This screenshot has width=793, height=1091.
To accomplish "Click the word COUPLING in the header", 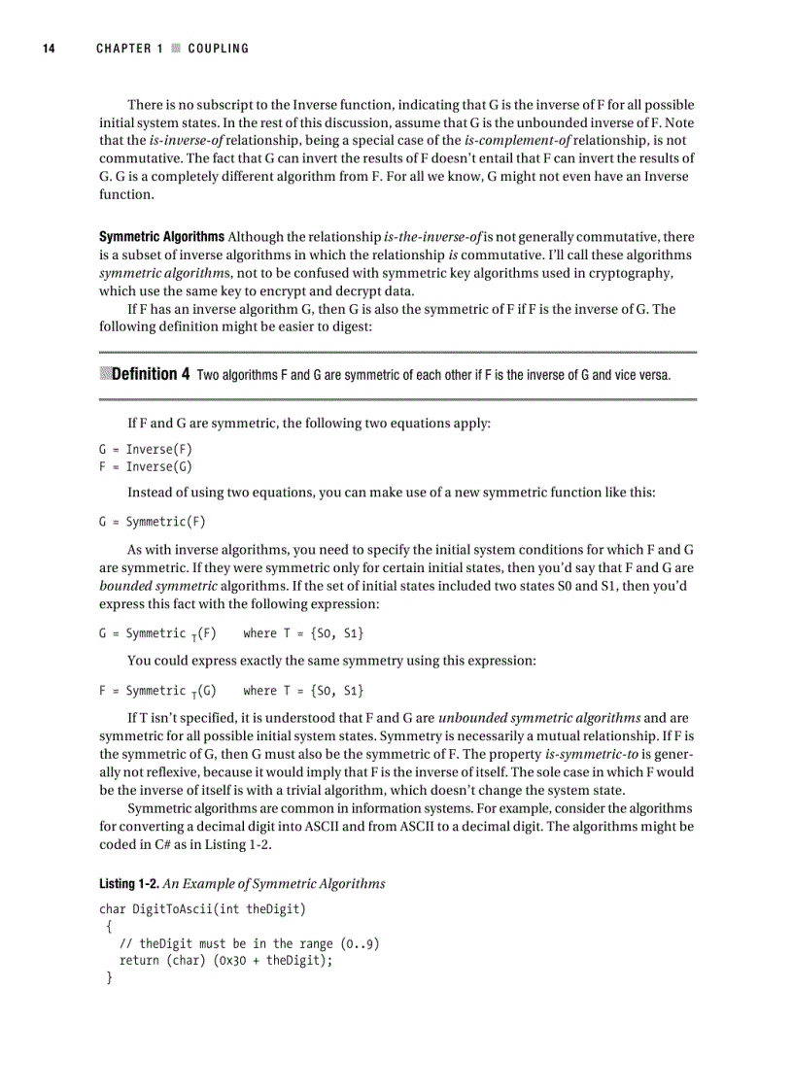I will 218,49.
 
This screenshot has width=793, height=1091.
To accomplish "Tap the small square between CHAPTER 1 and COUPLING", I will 175,49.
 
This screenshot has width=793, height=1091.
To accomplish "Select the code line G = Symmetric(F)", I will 153,521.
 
